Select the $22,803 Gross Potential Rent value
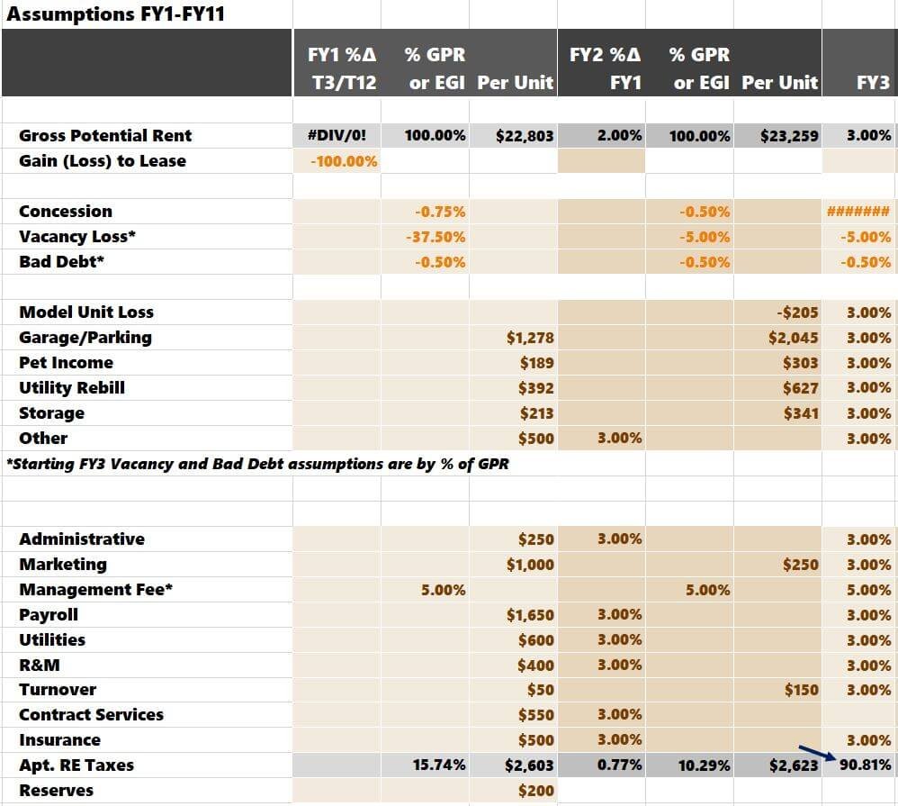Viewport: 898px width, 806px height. (525, 136)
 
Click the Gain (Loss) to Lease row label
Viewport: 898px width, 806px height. (103, 161)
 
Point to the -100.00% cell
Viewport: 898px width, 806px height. (344, 161)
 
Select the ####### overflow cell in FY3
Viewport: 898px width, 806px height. (858, 212)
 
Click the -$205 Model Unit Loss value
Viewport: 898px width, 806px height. (796, 312)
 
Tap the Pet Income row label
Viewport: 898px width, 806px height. (67, 363)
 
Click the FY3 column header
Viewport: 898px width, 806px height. (873, 83)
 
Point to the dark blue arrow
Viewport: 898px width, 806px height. (816, 754)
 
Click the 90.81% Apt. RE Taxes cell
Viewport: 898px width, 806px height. (865, 765)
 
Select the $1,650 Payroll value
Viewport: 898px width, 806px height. (530, 615)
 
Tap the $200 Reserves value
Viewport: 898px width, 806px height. (536, 791)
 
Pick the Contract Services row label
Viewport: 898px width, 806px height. (91, 715)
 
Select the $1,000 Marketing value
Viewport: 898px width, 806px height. (530, 565)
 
